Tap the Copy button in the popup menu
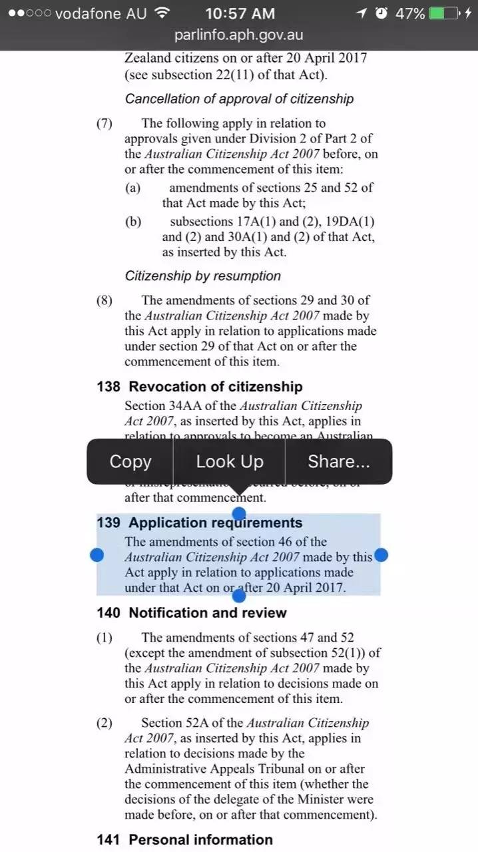[x=130, y=461]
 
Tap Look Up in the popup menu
[x=230, y=461]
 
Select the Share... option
[x=338, y=461]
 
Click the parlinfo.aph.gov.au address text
[x=239, y=35]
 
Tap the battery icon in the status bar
[x=444, y=13]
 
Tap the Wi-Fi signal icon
[x=161, y=13]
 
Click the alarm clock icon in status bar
[x=381, y=13]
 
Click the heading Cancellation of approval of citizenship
[x=239, y=99]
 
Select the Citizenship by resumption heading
[x=202, y=276]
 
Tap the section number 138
[x=109, y=387]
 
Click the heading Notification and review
[x=208, y=612]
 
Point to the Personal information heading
[x=200, y=839]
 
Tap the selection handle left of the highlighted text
[x=97, y=555]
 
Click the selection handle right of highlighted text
[x=381, y=555]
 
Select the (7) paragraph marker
[x=105, y=123]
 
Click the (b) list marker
[x=133, y=222]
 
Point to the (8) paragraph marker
[x=105, y=300]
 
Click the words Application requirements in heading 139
[x=216, y=523]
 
